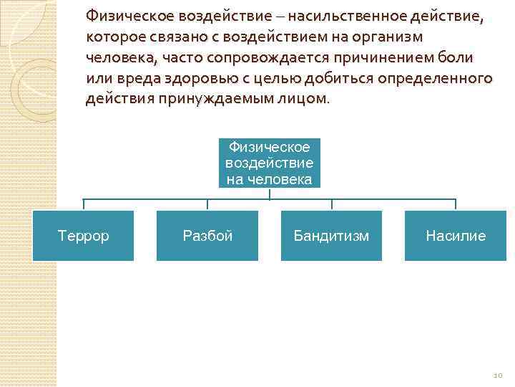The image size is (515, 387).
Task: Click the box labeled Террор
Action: pos(83,236)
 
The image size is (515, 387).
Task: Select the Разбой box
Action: pos(207,236)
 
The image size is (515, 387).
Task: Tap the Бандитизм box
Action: pos(331,236)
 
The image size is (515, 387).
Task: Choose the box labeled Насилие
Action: pos(455,236)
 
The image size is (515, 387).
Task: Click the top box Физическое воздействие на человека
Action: pos(270,163)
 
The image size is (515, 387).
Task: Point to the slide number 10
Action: pos(499,375)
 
